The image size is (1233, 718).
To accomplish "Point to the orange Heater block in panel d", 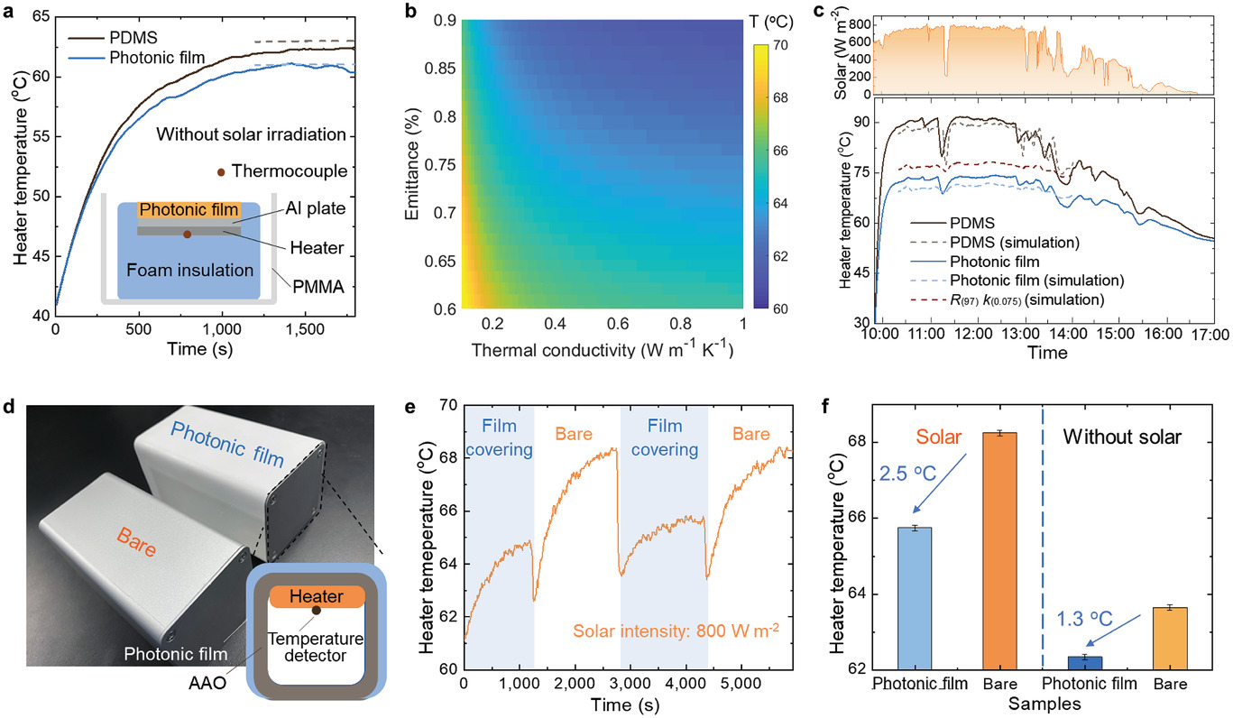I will [316, 597].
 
